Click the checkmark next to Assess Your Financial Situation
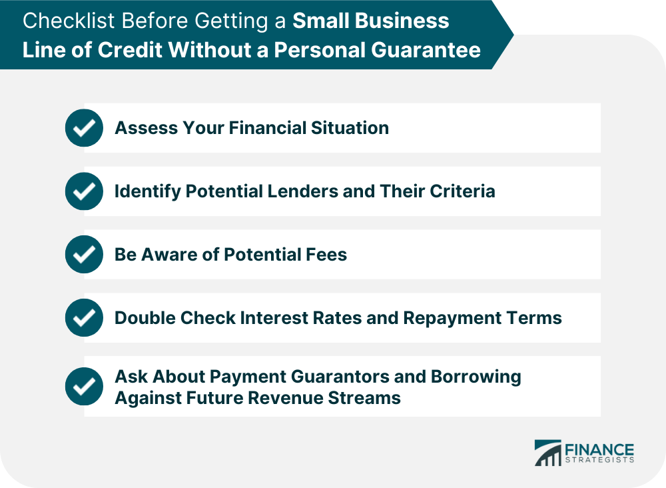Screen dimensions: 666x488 tap(84, 128)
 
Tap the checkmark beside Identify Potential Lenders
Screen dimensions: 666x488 tap(84, 191)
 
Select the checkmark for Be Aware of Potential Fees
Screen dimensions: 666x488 tap(84, 254)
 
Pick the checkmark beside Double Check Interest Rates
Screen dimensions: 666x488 tap(84, 317)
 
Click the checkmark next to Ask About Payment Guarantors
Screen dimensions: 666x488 tap(84, 387)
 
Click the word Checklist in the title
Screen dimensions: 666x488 tap(69, 21)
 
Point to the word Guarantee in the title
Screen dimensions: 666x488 tap(426, 50)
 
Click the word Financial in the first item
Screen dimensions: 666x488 tap(268, 128)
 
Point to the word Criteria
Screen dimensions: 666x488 tap(463, 191)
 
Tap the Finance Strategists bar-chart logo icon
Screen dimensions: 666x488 tap(548, 453)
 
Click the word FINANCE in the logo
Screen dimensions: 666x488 tap(599, 450)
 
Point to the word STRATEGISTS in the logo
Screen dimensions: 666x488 tap(599, 461)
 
